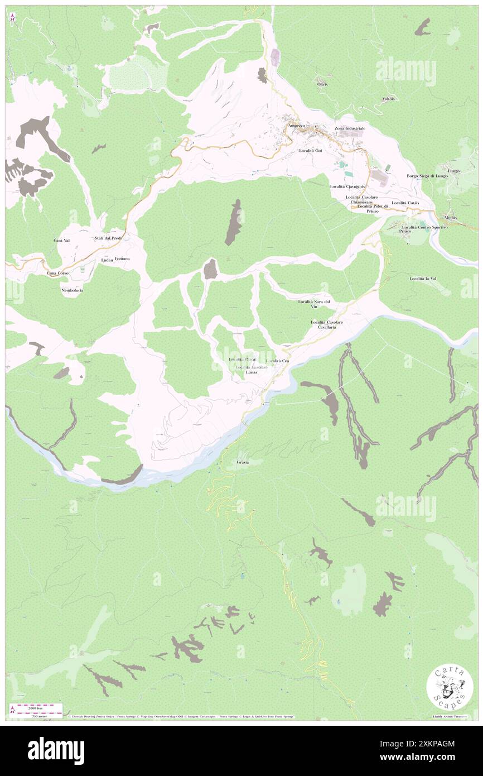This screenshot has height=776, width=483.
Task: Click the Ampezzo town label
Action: [x=296, y=126]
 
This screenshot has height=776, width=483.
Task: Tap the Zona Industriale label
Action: [x=350, y=128]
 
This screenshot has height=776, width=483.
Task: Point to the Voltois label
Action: [x=389, y=99]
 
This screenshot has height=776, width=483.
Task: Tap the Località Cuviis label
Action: [x=405, y=203]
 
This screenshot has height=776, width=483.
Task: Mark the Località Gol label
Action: [x=311, y=151]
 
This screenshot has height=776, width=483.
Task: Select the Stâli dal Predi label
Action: [x=108, y=238]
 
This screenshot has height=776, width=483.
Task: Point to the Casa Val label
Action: [x=61, y=240]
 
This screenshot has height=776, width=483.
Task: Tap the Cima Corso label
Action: [x=57, y=273]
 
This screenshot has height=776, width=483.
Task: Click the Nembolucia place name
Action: [x=73, y=290]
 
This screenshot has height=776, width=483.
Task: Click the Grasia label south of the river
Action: [x=243, y=463]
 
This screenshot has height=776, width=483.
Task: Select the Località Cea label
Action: [x=277, y=361]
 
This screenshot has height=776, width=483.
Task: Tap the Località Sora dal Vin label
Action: [x=315, y=304]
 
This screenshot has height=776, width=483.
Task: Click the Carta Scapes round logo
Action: [x=450, y=687]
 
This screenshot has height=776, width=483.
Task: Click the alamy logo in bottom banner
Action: [x=56, y=750]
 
